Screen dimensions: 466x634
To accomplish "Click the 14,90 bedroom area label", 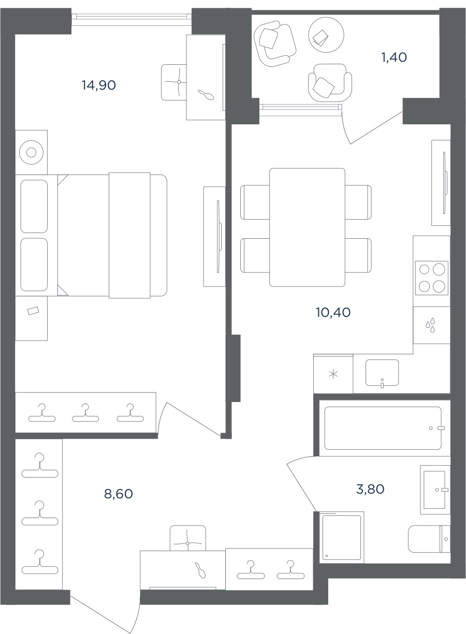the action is (x=99, y=85).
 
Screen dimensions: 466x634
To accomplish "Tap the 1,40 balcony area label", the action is (x=394, y=57).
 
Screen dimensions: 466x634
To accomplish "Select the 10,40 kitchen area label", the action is (x=333, y=312).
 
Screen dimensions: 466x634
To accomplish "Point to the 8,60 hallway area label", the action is (x=118, y=494).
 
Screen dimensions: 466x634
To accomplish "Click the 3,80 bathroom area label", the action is (x=370, y=489).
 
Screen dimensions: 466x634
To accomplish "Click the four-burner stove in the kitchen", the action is (x=431, y=278).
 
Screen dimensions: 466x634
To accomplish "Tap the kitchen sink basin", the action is (x=382, y=373).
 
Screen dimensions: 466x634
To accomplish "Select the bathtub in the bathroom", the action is (x=383, y=428).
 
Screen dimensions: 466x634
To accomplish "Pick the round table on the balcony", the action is (x=326, y=35).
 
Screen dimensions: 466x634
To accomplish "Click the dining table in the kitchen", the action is (x=307, y=227).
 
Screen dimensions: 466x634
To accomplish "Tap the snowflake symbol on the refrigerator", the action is (x=333, y=374).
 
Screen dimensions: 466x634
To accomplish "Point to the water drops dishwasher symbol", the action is (x=430, y=325).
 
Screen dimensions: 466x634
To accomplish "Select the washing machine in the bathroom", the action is (x=342, y=537).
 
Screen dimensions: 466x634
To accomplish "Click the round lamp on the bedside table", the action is (x=31, y=152).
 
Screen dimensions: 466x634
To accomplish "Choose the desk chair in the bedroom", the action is (x=174, y=82).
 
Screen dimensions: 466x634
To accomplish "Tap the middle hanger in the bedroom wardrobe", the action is (x=85, y=413).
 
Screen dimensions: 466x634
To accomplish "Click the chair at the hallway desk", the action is (x=188, y=538).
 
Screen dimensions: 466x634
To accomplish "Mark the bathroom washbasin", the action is (x=435, y=489).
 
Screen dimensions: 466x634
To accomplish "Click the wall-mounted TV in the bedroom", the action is (x=219, y=237).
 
